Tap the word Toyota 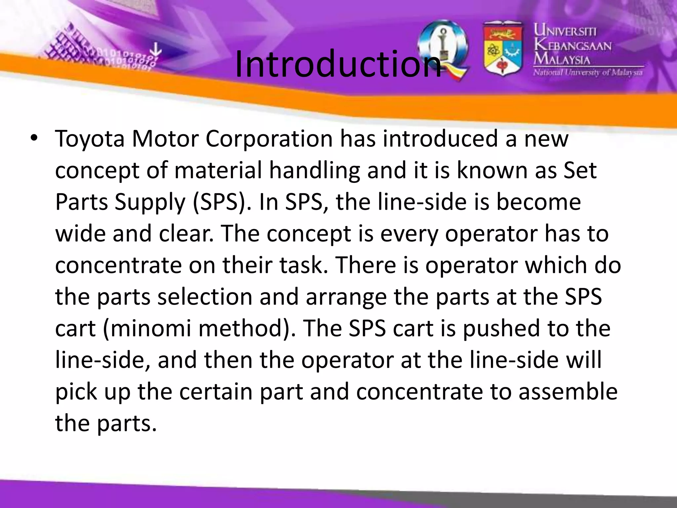coord(90,139)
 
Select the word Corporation coord(269,139)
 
